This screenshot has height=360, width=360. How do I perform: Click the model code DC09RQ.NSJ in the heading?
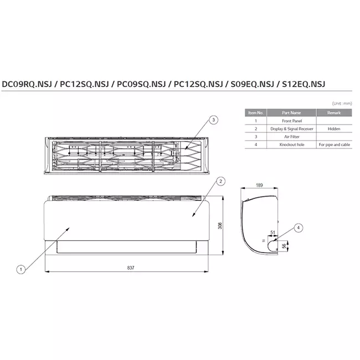click(26, 84)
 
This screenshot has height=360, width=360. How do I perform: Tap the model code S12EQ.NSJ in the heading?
click(303, 84)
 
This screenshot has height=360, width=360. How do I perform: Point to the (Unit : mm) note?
click(341, 104)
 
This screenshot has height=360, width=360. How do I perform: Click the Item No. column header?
click(255, 112)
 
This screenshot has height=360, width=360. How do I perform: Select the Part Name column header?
click(291, 112)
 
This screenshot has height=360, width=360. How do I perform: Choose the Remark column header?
click(333, 112)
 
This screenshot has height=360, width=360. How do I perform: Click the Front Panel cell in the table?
click(291, 120)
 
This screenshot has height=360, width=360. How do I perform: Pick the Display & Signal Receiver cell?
click(291, 128)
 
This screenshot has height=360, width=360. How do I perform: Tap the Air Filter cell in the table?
click(291, 136)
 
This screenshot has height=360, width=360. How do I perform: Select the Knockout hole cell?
click(291, 144)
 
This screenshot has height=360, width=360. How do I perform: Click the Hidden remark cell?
click(333, 128)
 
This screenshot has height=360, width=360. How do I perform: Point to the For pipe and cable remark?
click(333, 144)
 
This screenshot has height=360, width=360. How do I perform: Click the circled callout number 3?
click(214, 119)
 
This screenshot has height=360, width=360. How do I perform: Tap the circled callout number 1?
click(21, 270)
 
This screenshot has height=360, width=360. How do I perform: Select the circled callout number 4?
click(299, 227)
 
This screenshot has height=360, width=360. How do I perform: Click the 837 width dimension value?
click(131, 268)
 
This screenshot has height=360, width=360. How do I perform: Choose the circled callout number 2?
click(220, 181)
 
